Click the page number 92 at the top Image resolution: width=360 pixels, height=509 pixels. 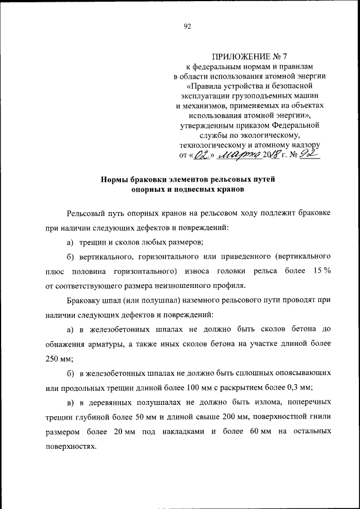[x=188, y=26]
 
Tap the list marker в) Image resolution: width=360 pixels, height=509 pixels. [x=71, y=403]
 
